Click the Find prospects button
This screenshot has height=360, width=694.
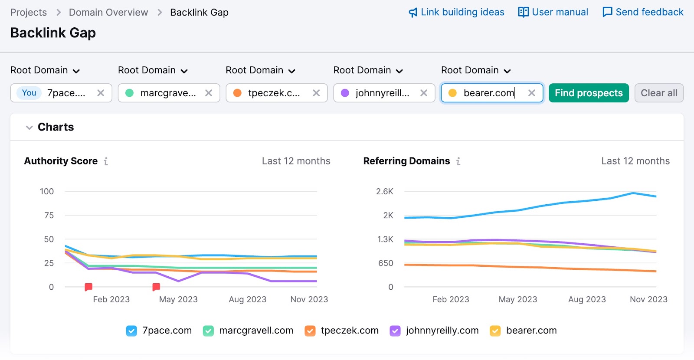588,93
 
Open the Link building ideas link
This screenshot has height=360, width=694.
456,12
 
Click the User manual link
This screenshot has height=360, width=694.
553,12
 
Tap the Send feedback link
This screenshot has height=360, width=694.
643,12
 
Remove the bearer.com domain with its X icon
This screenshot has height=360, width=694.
531,93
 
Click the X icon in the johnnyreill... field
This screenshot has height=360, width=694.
424,93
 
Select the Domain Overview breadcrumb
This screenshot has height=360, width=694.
108,12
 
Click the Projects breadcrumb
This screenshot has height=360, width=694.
29,12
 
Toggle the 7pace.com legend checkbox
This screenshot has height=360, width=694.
131,331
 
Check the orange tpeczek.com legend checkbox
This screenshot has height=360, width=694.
310,331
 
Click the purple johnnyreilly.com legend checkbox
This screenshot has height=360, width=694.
395,331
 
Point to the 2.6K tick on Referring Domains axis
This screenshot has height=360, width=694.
385,191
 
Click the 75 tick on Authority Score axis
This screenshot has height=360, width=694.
49,215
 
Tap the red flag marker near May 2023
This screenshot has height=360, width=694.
156,287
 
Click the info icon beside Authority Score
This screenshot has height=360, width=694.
106,161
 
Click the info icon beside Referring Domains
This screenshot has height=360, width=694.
458,161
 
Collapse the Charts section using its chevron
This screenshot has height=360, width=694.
29,128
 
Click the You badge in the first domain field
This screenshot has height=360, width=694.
29,93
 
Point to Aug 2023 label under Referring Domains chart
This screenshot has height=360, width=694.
587,299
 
